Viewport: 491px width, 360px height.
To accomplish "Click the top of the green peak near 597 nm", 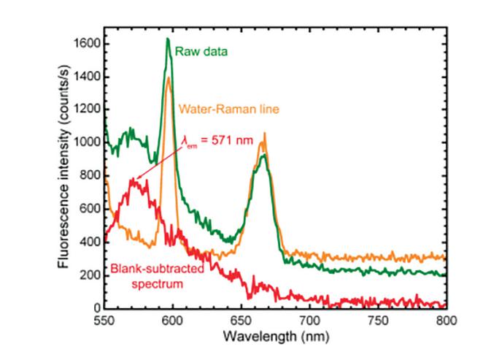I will coord(168,39).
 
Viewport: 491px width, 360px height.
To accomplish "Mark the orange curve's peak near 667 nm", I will coord(265,133).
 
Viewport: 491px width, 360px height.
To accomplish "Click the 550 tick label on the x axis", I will coord(104,320).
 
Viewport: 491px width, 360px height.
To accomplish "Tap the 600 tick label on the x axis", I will coord(173,320).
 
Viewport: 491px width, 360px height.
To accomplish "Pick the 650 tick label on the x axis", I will coord(241,320).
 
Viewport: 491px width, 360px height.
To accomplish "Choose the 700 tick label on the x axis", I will coord(309,320).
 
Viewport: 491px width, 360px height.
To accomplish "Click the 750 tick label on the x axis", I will coord(378,320).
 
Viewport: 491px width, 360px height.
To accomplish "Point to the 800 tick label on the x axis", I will coord(446,320).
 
